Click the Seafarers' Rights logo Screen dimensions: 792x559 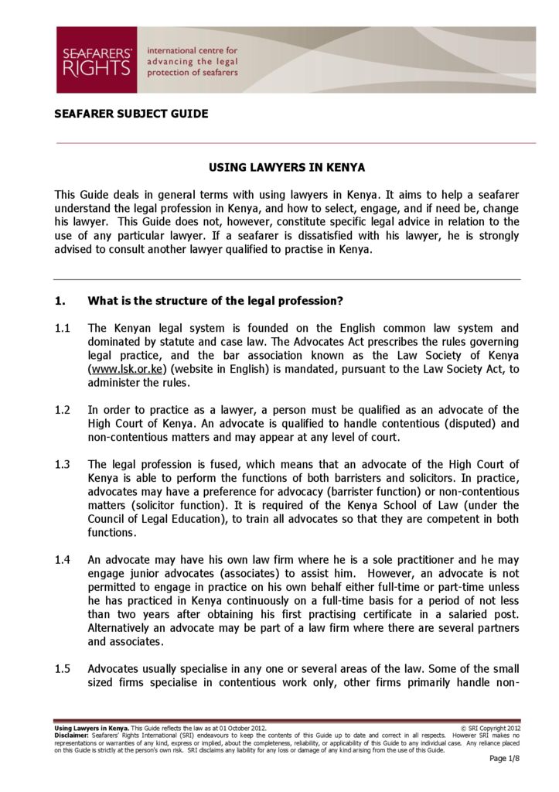pos(96,60)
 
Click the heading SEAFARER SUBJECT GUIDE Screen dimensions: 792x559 pos(131,114)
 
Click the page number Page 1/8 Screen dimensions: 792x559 pos(505,759)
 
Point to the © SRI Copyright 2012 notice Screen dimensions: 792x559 pos(490,729)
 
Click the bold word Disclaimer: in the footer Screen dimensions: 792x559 pos(72,736)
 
